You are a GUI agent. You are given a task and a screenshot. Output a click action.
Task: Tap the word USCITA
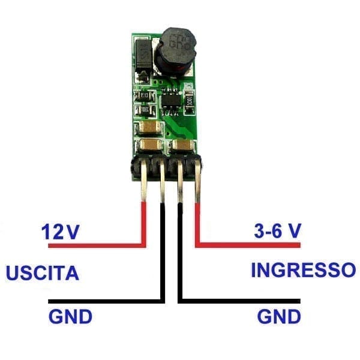(x=43, y=273)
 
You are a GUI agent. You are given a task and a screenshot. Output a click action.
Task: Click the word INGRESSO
(x=302, y=269)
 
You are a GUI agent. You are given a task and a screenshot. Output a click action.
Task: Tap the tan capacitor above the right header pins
(x=182, y=147)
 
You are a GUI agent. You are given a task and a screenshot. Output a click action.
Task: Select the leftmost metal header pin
(x=144, y=186)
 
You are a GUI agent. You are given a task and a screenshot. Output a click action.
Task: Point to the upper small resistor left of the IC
(x=143, y=96)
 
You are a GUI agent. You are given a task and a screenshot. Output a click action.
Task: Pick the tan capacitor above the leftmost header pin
(x=150, y=146)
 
